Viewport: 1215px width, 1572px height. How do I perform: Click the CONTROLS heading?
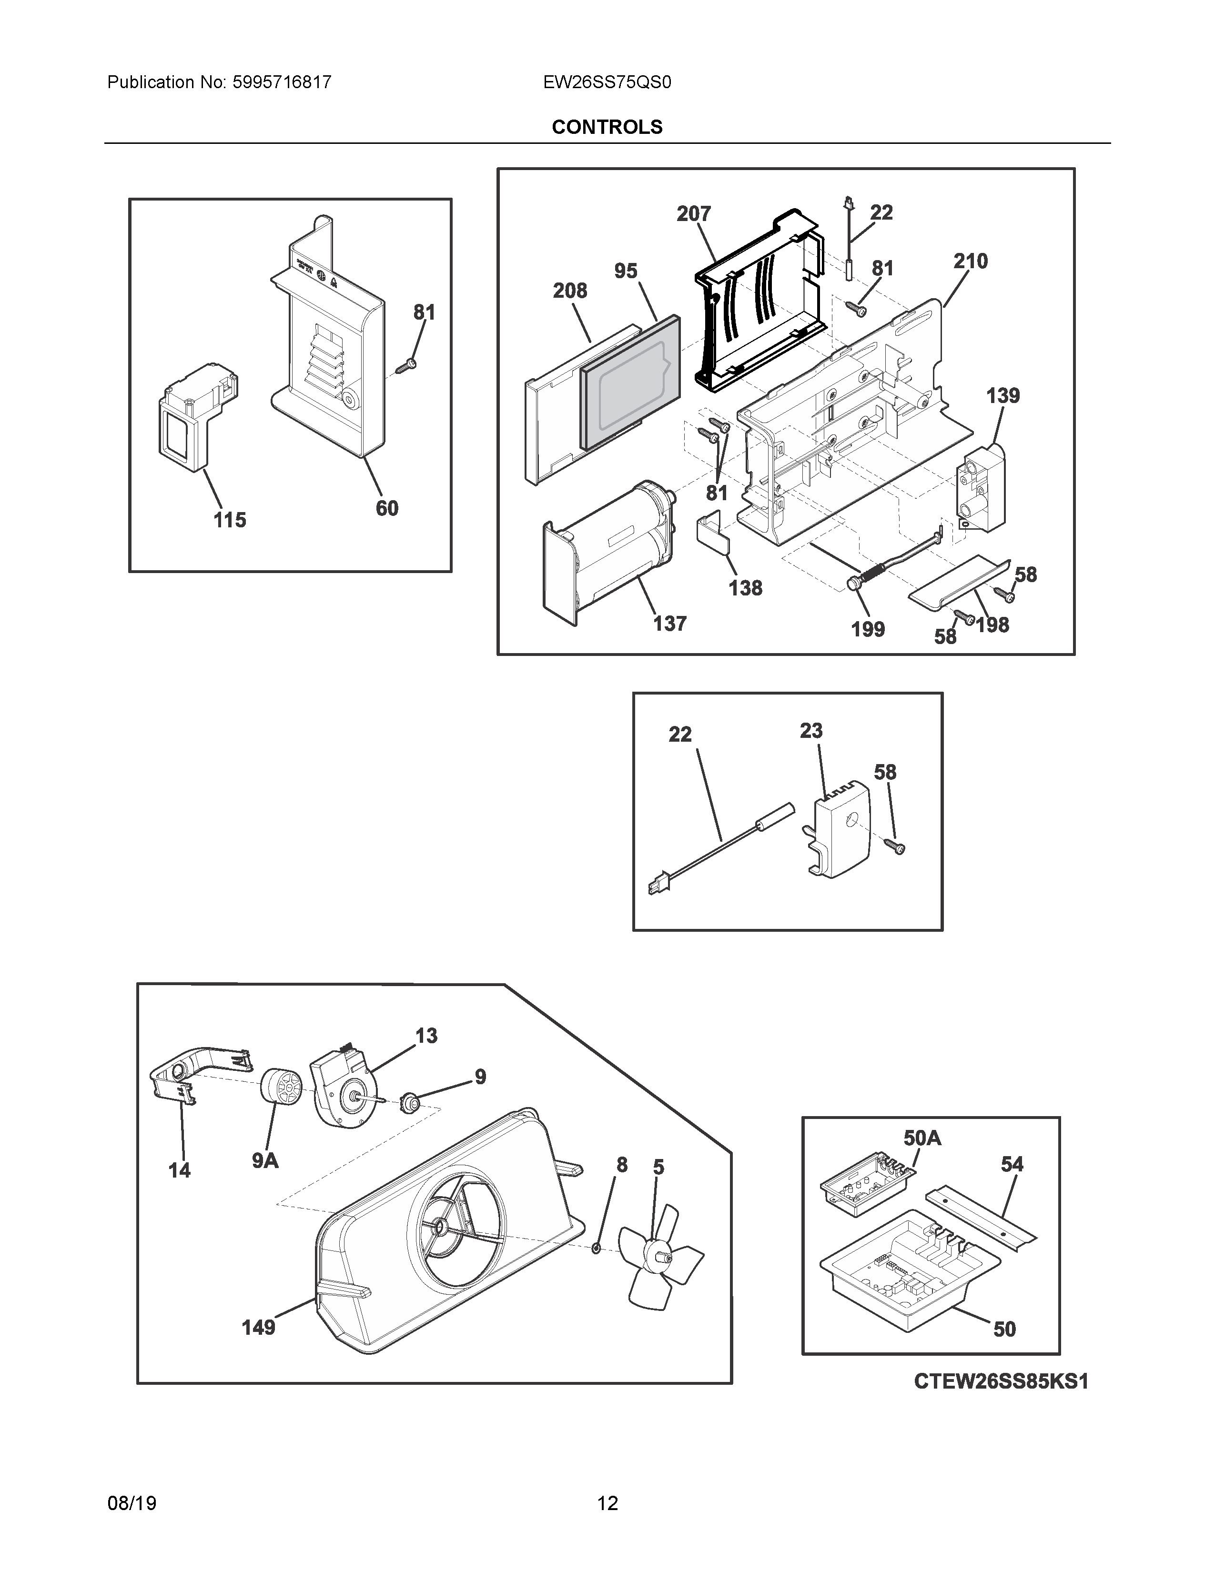(x=607, y=127)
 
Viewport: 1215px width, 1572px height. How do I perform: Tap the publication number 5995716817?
(x=282, y=83)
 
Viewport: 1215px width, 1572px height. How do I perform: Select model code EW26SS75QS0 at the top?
(x=607, y=83)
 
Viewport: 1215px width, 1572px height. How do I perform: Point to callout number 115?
(x=230, y=520)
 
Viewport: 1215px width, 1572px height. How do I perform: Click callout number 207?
(x=693, y=214)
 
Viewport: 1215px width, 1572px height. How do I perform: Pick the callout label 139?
(x=1002, y=395)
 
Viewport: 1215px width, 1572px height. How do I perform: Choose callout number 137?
(x=669, y=624)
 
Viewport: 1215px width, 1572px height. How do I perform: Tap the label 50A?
(x=922, y=1138)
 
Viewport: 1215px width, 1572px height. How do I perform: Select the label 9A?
(x=265, y=1160)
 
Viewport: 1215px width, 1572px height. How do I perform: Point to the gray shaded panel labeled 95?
(x=630, y=382)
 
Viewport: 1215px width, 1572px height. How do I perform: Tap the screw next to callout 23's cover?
(x=895, y=846)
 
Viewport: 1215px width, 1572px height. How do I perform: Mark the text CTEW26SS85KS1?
(x=1001, y=1381)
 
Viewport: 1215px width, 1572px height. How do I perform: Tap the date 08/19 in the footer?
(x=132, y=1503)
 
